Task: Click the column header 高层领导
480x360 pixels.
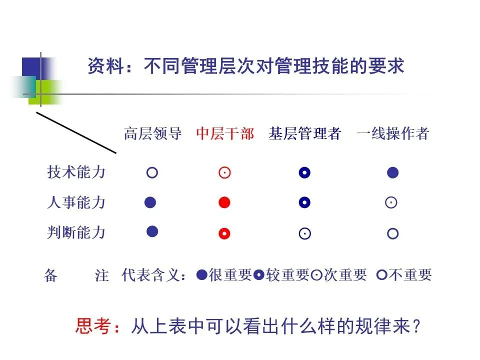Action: [x=152, y=134]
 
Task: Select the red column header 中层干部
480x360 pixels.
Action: [x=225, y=134]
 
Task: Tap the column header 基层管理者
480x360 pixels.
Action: [x=304, y=134]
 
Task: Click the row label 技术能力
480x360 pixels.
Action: [x=76, y=172]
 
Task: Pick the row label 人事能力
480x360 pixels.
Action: [x=76, y=202]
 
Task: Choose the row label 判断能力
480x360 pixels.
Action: [x=76, y=232]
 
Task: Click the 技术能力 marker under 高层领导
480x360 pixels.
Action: [x=152, y=173]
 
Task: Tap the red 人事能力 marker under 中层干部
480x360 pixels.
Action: [x=224, y=202]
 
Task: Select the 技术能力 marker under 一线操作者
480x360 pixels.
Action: [x=392, y=173]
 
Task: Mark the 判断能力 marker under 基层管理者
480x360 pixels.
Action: [x=304, y=233]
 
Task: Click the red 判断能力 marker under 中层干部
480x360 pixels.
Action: [x=224, y=233]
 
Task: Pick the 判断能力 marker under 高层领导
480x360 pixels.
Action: [x=152, y=231]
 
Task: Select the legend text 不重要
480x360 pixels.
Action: [x=410, y=275]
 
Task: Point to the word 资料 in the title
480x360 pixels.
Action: [x=103, y=66]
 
